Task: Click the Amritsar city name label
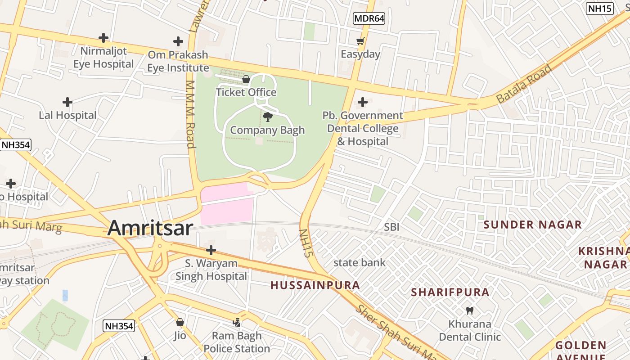click(x=150, y=228)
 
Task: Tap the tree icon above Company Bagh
click(x=268, y=117)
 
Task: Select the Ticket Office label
click(x=246, y=92)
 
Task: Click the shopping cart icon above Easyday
click(x=360, y=41)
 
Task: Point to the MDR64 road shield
click(x=369, y=18)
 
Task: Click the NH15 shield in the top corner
click(x=600, y=8)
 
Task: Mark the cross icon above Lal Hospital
click(x=67, y=102)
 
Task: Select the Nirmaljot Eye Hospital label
click(x=103, y=58)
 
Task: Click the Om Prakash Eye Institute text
click(x=178, y=61)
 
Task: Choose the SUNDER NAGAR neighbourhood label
click(x=532, y=225)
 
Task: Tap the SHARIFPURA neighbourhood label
click(x=450, y=292)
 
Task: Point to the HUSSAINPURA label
click(x=315, y=285)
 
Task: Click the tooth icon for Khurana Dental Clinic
click(x=470, y=310)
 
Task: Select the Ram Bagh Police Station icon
click(x=237, y=322)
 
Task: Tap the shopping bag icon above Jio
click(x=180, y=322)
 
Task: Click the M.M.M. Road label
click(x=191, y=114)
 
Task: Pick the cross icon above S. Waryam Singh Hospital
click(x=211, y=250)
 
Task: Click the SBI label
click(x=391, y=227)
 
